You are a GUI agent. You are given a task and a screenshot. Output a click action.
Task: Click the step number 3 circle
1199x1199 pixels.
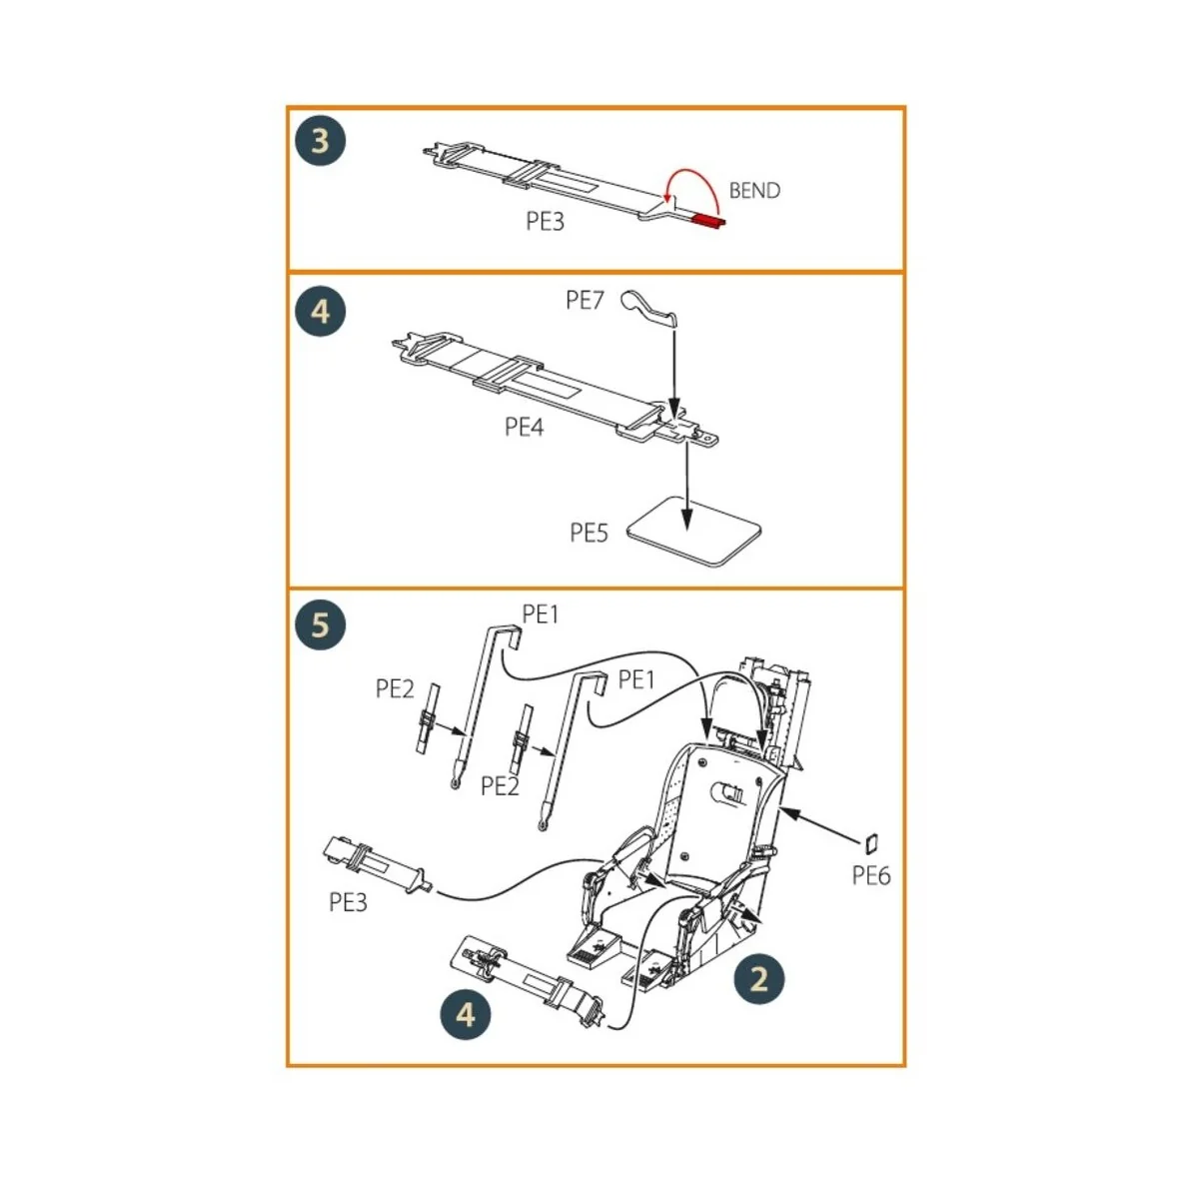[x=320, y=141]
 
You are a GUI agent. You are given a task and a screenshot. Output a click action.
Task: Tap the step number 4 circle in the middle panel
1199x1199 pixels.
[x=320, y=312]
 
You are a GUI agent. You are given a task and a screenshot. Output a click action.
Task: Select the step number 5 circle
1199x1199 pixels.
[x=320, y=625]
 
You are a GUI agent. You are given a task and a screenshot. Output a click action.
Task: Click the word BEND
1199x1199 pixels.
[x=754, y=191]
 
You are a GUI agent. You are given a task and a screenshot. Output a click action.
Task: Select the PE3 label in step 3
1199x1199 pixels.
[x=546, y=222]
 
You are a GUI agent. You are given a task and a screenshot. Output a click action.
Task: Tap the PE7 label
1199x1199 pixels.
[x=585, y=300]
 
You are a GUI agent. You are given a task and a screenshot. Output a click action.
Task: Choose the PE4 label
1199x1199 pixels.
[x=524, y=428]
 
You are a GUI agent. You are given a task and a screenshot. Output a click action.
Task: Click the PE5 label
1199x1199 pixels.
[x=589, y=534]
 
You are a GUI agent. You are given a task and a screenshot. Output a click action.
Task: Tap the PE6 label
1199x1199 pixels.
[x=871, y=876]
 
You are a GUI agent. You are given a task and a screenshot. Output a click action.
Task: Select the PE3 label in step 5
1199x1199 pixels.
[x=349, y=903]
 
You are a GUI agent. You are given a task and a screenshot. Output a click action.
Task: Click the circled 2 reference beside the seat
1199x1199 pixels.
[x=759, y=978]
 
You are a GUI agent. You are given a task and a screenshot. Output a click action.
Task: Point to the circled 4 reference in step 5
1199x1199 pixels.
[x=467, y=1015]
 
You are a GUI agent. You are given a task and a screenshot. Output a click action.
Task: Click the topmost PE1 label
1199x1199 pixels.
[x=541, y=615]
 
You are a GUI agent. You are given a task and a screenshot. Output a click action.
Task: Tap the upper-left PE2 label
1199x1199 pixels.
[x=395, y=689]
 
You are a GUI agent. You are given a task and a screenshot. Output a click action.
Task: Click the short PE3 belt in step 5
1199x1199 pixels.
[x=375, y=863]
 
